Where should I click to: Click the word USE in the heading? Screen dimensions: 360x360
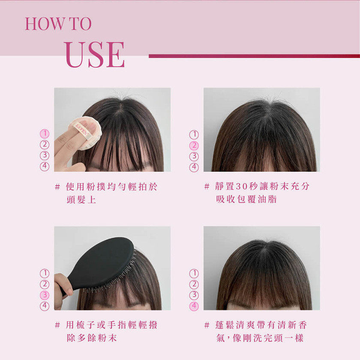coord(95,55)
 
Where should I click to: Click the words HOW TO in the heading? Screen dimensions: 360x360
coord(58,24)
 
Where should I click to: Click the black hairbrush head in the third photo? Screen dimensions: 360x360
coord(103,263)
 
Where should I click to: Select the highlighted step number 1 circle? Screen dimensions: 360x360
coord(45,134)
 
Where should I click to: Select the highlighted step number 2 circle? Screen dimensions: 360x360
coord(194,146)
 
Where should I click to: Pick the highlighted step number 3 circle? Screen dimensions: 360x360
coord(45,295)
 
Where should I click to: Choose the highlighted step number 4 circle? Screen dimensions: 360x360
coord(194,306)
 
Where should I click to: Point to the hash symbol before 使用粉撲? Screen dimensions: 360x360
coord(57,187)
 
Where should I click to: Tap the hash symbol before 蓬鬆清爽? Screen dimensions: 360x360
coord(207,325)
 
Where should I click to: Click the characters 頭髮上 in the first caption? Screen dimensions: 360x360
coord(81,200)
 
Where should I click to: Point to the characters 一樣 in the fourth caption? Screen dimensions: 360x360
coord(294,338)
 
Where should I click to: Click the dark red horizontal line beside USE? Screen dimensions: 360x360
coord(254,56)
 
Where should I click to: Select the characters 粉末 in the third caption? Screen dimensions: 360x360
coord(107,338)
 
